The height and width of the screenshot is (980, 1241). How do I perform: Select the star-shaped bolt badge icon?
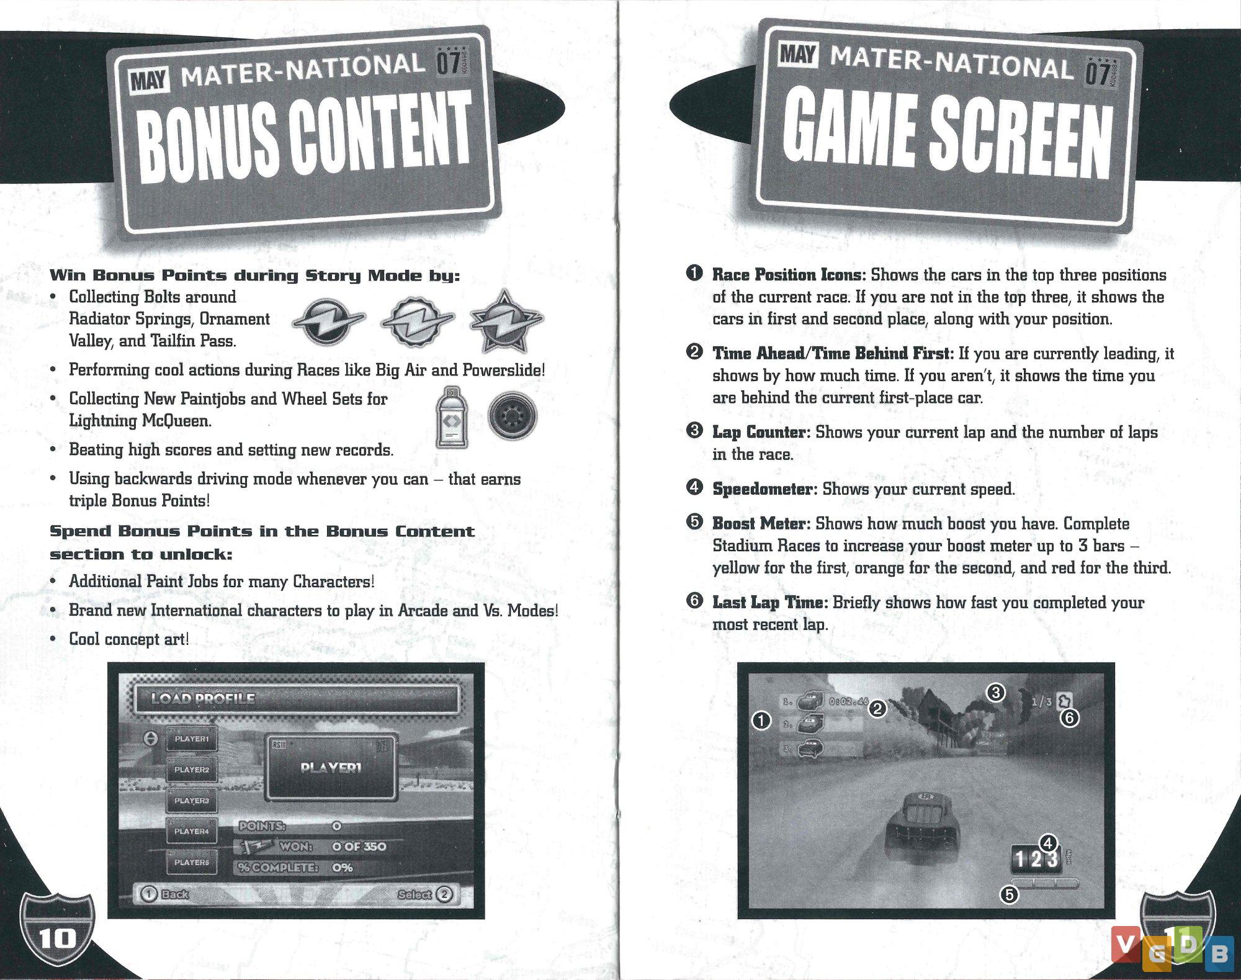pos(506,320)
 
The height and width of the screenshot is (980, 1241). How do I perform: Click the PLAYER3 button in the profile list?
pos(192,801)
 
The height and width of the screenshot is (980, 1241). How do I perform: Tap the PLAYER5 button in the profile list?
pos(192,862)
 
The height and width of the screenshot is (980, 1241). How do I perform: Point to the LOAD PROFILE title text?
pos(203,698)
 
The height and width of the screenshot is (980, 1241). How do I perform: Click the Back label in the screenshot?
pos(174,894)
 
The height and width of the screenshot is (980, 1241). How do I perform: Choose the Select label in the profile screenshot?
pos(414,894)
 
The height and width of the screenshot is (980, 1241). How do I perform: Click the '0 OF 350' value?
pos(359,847)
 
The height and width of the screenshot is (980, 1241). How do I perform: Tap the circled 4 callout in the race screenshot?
pos(1048,843)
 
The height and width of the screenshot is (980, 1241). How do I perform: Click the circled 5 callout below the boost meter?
pos(1010,895)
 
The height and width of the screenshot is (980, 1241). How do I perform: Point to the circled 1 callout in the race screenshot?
pos(761,721)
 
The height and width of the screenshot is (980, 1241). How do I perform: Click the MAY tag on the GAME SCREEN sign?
pos(799,55)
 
